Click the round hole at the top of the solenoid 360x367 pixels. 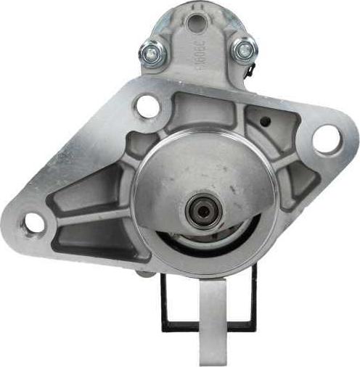[195, 23]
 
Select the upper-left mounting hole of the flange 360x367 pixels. [147, 107]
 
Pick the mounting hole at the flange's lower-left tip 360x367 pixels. [33, 223]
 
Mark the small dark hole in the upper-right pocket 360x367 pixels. [264, 121]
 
